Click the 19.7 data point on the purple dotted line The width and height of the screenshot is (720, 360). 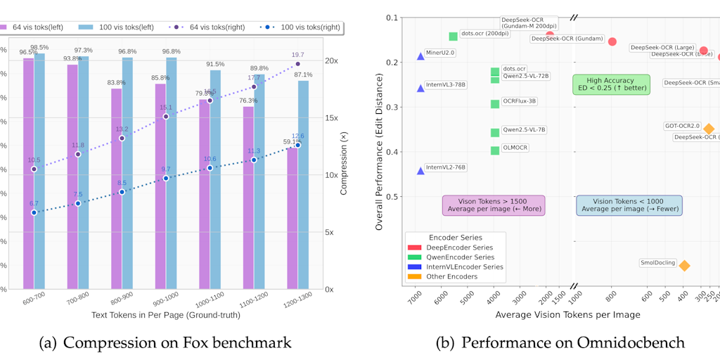297,64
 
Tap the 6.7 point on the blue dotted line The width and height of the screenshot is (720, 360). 34,212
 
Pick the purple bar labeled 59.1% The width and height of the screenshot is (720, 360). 292,218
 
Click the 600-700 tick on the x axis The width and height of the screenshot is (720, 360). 34,298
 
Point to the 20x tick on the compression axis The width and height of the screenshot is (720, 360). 330,60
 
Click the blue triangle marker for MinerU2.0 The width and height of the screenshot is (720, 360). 420,56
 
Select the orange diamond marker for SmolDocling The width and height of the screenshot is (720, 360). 684,265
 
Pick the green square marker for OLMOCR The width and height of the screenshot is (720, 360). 495,150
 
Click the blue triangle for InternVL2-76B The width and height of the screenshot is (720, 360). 420,170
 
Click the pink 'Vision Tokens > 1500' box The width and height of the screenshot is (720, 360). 493,205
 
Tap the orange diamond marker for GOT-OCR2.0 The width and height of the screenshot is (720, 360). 709,129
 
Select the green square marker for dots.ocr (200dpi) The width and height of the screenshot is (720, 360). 454,37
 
